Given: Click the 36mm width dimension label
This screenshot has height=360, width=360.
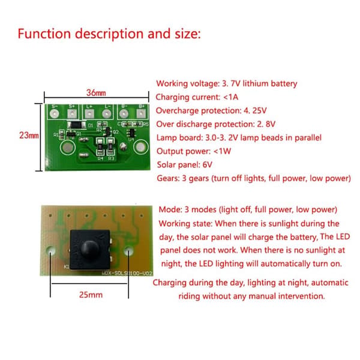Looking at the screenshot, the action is pyautogui.click(x=96, y=93).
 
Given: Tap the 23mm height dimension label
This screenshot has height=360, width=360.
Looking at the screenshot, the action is pyautogui.click(x=29, y=135).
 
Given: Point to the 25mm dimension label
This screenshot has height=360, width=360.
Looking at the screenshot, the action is pyautogui.click(x=91, y=295).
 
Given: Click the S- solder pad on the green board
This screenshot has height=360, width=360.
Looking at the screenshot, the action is pyautogui.click(x=55, y=113).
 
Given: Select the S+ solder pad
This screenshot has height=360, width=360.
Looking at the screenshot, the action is pyautogui.click(x=72, y=113).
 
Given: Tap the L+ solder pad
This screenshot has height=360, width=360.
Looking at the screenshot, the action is pyautogui.click(x=89, y=113).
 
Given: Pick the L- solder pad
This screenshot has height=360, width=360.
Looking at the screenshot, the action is pyautogui.click(x=107, y=113).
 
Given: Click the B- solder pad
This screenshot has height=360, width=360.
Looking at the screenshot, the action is pyautogui.click(x=124, y=113).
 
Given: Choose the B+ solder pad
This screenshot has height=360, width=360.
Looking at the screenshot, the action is pyautogui.click(x=141, y=113).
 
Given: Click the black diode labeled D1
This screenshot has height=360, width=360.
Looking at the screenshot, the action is pyautogui.click(x=77, y=125).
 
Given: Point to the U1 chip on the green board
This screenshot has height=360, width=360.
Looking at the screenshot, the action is pyautogui.click(x=132, y=133).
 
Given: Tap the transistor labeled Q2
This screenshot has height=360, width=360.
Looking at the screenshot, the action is pyautogui.click(x=107, y=131).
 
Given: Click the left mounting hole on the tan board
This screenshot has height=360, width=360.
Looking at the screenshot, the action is pyautogui.click(x=50, y=250).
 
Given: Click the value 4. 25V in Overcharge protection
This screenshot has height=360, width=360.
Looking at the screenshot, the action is pyautogui.click(x=255, y=110).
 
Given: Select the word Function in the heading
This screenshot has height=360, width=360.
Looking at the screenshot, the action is pyautogui.click(x=44, y=34).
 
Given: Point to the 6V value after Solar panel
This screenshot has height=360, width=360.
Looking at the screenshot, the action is pyautogui.click(x=208, y=165).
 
